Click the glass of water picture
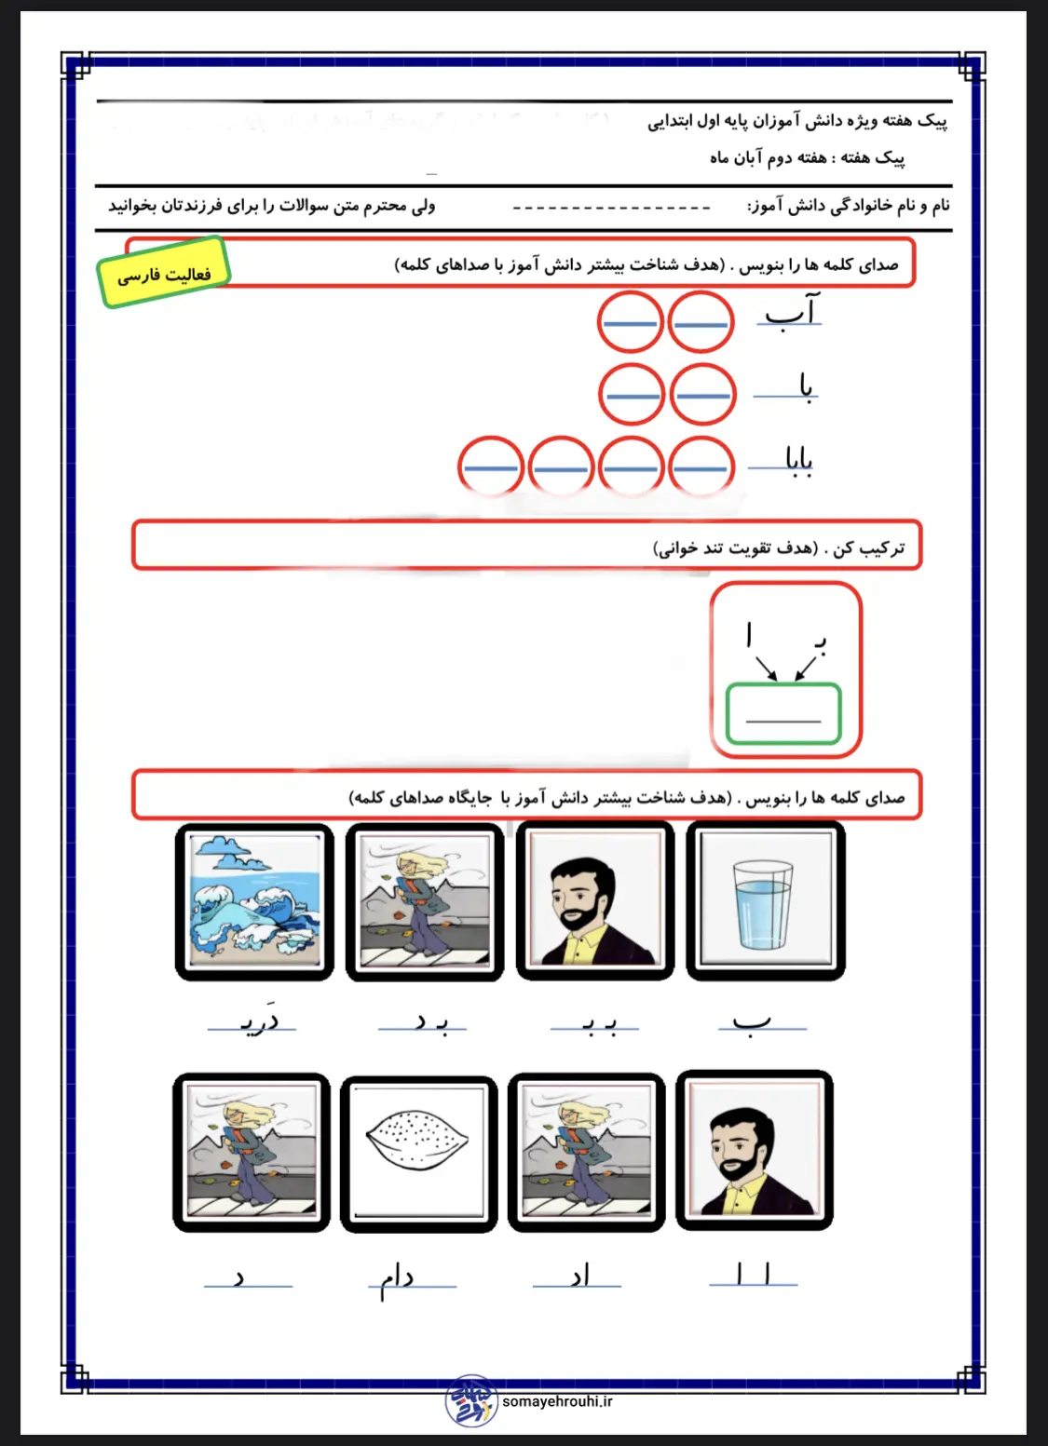click(764, 901)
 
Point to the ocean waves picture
click(254, 901)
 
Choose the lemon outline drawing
click(418, 1153)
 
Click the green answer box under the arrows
click(783, 713)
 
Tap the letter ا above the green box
click(749, 635)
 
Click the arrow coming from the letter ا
click(766, 668)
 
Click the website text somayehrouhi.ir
click(557, 1401)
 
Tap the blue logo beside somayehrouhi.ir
click(471, 1401)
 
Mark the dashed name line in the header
click(611, 207)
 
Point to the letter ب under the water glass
click(751, 1022)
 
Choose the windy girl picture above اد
click(586, 1153)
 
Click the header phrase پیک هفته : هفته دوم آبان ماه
click(807, 157)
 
